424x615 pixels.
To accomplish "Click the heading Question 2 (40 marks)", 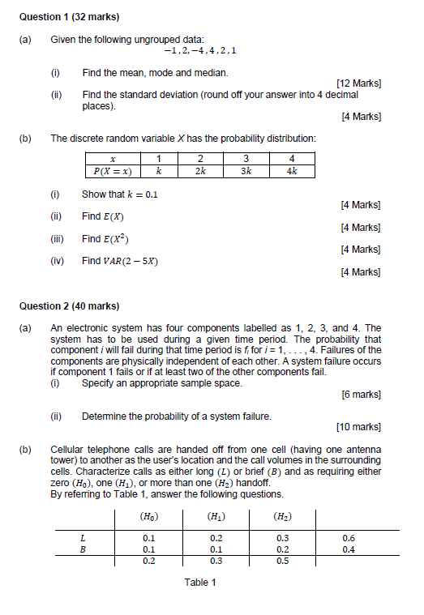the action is (x=61, y=306).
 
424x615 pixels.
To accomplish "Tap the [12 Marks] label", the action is (x=358, y=83).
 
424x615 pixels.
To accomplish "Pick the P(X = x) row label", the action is (x=113, y=171).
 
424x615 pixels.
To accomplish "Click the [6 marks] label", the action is (x=361, y=395).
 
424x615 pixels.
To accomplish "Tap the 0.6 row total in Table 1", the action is (x=349, y=537).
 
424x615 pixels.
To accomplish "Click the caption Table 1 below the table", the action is (x=200, y=583).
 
